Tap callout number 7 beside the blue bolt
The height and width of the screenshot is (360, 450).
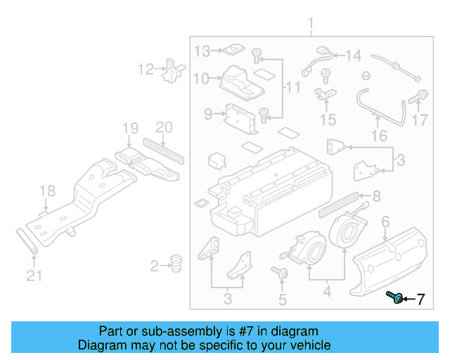pos(420,300)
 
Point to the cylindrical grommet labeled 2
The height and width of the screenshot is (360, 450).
pos(176,263)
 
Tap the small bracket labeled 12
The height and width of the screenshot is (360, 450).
pos(173,70)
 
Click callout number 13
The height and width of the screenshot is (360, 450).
pos(202,51)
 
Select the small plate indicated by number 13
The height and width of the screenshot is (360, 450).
pos(231,50)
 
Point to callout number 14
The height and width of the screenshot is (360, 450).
pos(353,55)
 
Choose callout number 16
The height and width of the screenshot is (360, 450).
pos(379,136)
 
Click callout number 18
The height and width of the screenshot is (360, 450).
pos(46,191)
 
